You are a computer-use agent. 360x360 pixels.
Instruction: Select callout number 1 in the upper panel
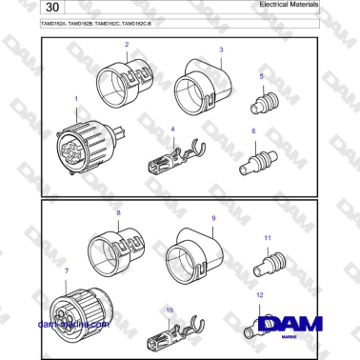[75, 99]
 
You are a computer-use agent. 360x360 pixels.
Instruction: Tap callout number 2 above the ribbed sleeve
[127, 45]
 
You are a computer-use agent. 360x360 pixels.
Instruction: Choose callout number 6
[253, 130]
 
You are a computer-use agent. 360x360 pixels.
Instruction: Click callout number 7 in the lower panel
[66, 272]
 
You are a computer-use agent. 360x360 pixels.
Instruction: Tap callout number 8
[117, 213]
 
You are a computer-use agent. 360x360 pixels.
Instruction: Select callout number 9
[213, 218]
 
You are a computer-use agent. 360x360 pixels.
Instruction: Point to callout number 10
[169, 310]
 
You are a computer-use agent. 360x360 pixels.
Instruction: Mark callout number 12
[259, 296]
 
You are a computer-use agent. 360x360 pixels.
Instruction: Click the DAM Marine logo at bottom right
[298, 325]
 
